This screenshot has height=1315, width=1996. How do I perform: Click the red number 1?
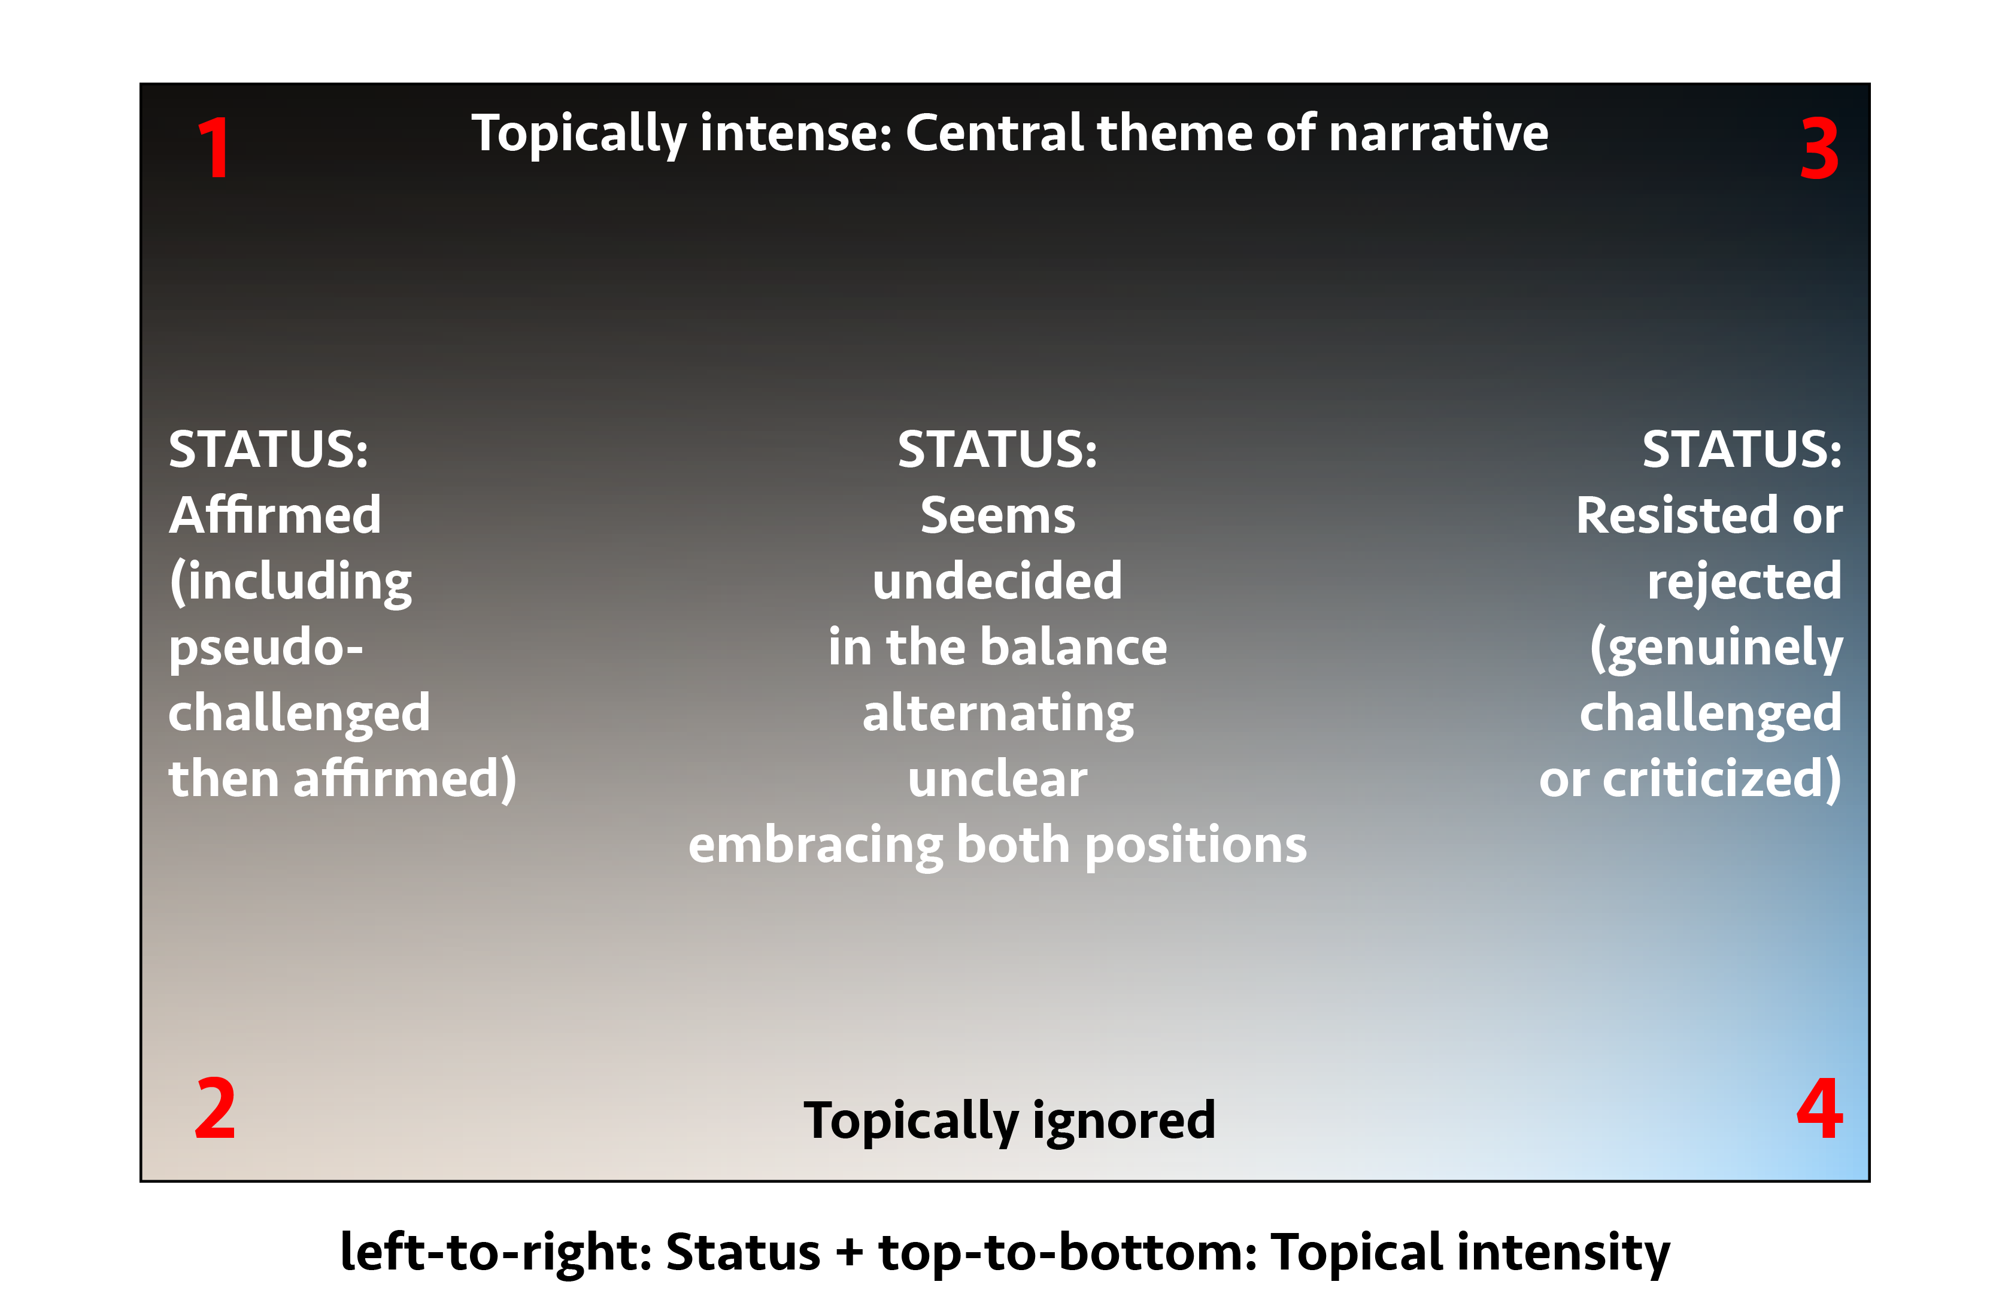coord(215,148)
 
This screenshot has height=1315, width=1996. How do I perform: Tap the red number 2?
coord(215,1108)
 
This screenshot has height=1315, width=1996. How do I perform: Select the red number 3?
coord(1819,148)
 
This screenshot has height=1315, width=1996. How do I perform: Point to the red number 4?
coord(1819,1108)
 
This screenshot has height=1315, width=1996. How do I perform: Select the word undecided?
coord(997,581)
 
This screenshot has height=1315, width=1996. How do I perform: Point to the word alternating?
coord(998,713)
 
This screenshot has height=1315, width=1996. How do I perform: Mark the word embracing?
coord(815,845)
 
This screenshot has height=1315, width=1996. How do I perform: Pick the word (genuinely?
coord(1716,649)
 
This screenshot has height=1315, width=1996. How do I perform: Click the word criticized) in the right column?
coord(1722,779)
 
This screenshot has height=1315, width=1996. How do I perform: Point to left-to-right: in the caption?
coord(496,1252)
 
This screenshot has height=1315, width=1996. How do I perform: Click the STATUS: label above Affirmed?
coord(268,450)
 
